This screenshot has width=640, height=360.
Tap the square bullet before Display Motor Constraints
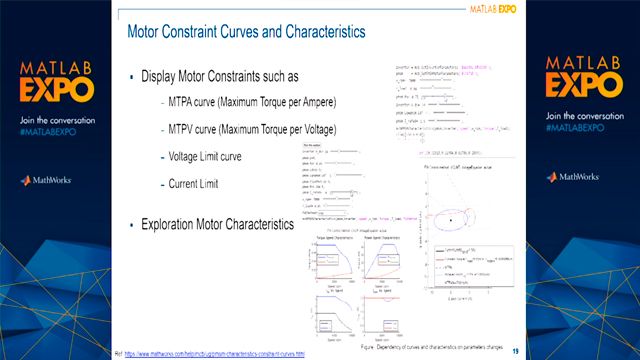click(131, 77)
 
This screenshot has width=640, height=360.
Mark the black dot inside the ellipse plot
click(451, 219)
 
